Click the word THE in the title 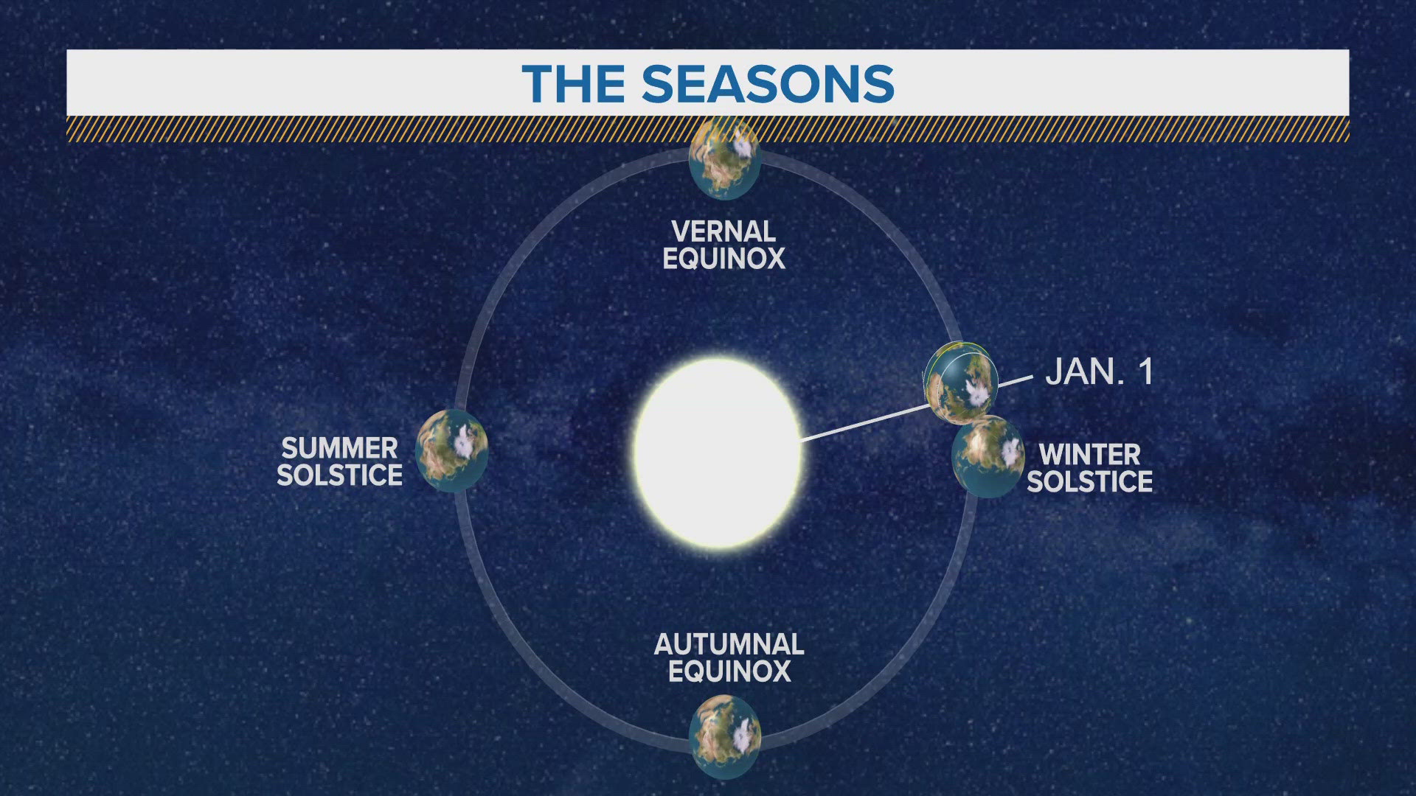click(x=573, y=84)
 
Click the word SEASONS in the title click(x=768, y=84)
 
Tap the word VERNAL click(x=723, y=231)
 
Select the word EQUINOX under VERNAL click(x=723, y=259)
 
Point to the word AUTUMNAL click(x=729, y=644)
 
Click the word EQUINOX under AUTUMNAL click(x=729, y=671)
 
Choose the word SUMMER click(x=339, y=447)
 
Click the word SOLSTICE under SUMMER click(x=339, y=475)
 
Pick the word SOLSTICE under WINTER click(x=1089, y=481)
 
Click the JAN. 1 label click(x=1099, y=371)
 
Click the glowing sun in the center click(x=718, y=452)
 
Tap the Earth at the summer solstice click(x=451, y=450)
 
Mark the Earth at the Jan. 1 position click(x=960, y=380)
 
